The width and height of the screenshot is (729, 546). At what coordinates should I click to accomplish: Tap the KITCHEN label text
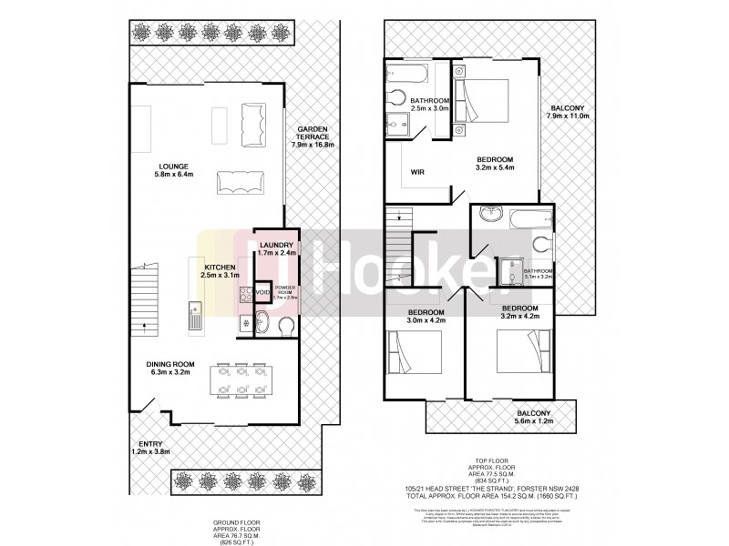click(220, 268)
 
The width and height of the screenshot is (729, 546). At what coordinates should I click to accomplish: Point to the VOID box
click(262, 292)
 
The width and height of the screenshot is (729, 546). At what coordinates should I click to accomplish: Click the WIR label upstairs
click(419, 170)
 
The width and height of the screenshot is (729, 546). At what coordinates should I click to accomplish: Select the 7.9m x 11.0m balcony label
click(568, 112)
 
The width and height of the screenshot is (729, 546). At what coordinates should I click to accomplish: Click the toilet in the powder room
click(285, 325)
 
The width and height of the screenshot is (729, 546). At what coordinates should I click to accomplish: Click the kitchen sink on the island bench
click(194, 318)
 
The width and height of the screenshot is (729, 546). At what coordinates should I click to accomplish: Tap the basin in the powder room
click(260, 321)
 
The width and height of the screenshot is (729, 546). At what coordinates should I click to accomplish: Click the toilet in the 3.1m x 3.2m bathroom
click(544, 242)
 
